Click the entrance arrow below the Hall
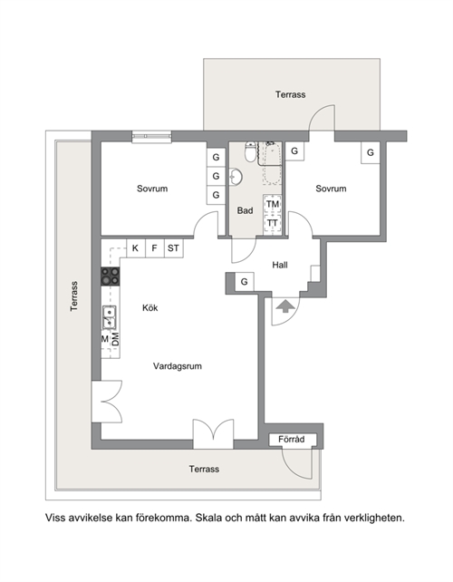(284, 306)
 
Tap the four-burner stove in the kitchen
(111, 276)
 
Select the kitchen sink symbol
(109, 317)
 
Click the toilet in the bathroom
(250, 151)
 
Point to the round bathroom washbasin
(236, 177)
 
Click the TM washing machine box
(273, 204)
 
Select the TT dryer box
(273, 223)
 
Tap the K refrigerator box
(136, 248)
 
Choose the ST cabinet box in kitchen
(174, 248)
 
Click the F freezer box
(154, 248)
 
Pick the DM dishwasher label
(116, 339)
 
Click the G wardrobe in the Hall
(244, 282)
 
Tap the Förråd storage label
(292, 440)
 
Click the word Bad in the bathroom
(245, 210)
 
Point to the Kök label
(150, 307)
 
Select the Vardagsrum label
(178, 366)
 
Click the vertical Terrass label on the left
(74, 296)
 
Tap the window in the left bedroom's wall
(151, 137)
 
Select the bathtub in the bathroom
(273, 163)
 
